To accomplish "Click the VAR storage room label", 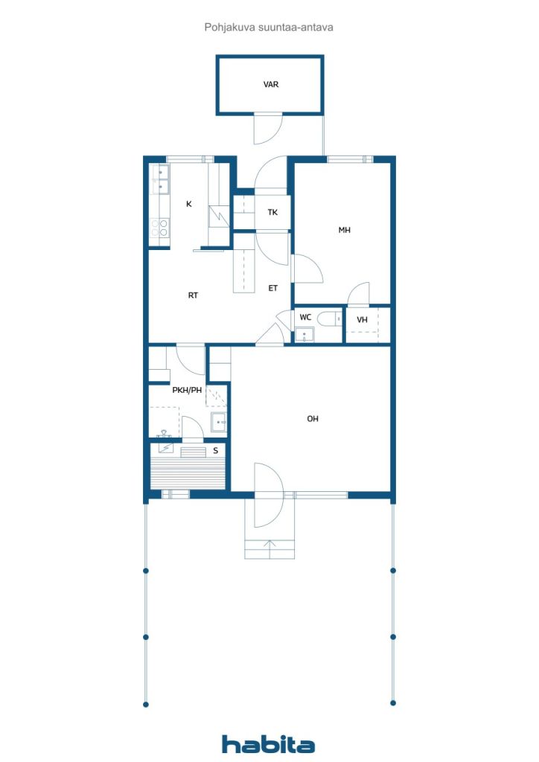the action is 271,85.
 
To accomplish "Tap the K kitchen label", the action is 189,204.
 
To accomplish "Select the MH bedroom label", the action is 344,230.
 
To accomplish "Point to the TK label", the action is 272,212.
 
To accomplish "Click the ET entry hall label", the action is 273,288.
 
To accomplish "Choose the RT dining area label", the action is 193,295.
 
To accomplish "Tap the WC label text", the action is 305,317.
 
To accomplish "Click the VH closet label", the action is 362,320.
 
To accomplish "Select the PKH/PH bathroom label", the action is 187,390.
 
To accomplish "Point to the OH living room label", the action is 313,418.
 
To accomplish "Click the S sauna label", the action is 215,451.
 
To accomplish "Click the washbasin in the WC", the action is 304,334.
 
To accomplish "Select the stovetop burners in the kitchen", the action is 159,228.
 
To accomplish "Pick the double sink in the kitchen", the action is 160,180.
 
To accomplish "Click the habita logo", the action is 268,744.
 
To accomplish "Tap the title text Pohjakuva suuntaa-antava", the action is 269,28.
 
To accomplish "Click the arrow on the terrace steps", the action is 269,550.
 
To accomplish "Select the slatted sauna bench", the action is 188,473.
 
